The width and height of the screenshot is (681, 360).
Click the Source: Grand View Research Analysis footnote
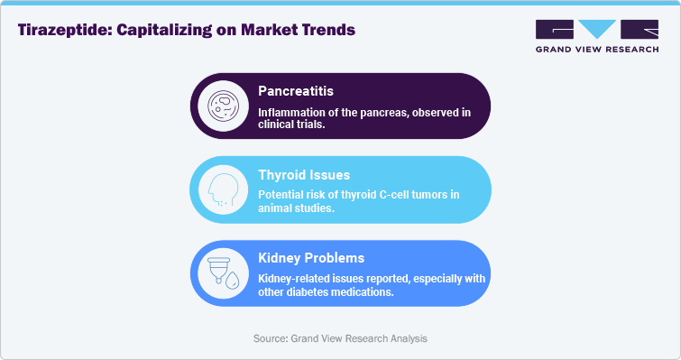click(x=340, y=337)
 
